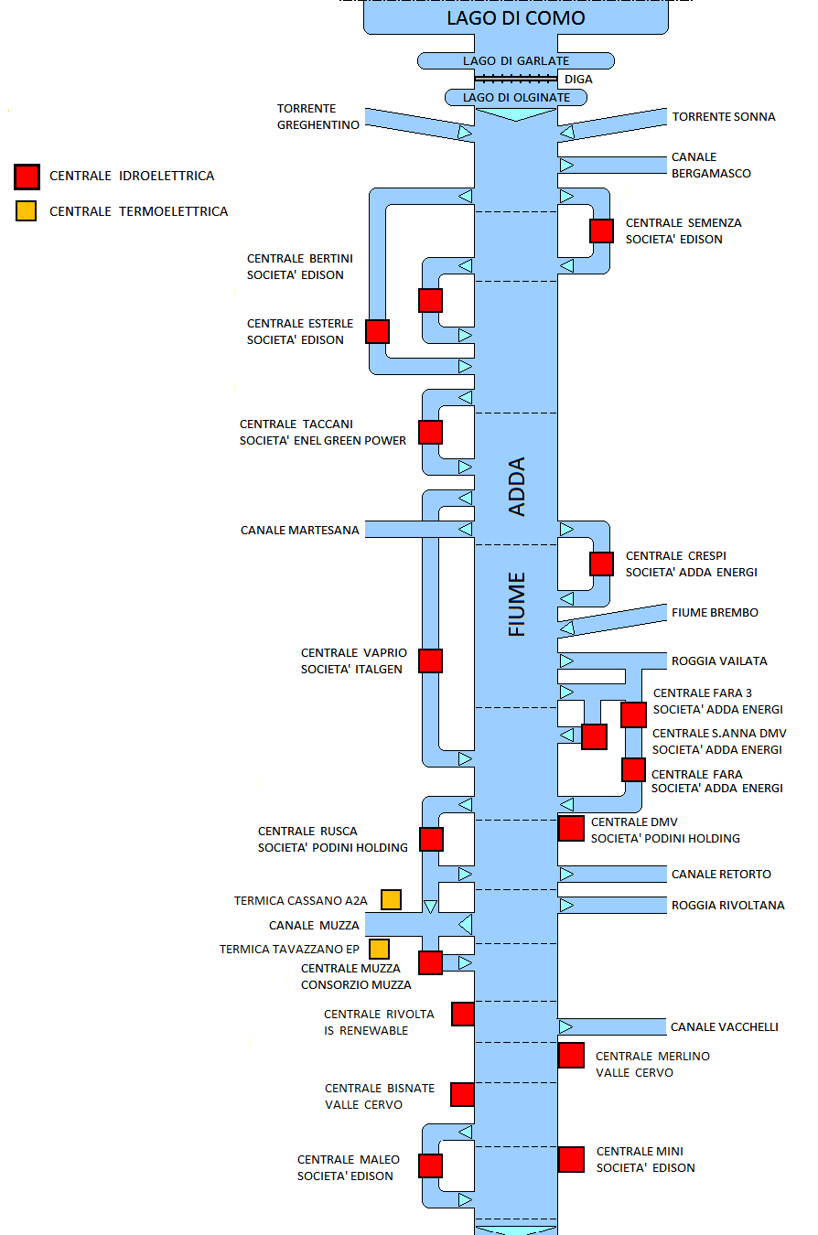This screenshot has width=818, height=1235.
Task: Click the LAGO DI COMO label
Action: tap(515, 18)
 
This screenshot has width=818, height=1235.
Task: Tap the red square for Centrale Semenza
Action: tap(601, 231)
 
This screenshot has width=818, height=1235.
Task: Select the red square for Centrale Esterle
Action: tap(377, 331)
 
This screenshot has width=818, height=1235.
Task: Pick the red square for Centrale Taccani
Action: tap(430, 432)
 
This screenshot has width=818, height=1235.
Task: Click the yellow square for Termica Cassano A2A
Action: tap(391, 899)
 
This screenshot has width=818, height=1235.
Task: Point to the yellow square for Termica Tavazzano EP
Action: tap(379, 949)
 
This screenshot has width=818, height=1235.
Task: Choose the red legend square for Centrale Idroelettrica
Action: tap(27, 176)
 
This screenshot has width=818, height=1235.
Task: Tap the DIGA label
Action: tap(579, 80)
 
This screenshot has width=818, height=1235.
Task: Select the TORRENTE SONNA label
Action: tap(724, 117)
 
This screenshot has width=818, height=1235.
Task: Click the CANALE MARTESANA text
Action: tap(300, 530)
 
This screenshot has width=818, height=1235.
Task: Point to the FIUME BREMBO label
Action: tap(715, 612)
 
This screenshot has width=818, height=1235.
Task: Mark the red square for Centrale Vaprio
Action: tap(430, 660)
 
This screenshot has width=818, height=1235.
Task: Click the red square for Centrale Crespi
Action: tap(601, 564)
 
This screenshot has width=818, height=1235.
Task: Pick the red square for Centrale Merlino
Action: tap(571, 1055)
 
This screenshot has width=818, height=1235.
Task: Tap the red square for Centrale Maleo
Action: tap(430, 1165)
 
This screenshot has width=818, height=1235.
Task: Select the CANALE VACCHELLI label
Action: tap(725, 1027)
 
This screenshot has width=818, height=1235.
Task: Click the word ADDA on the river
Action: tap(517, 487)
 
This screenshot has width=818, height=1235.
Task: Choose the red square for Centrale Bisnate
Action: tap(462, 1094)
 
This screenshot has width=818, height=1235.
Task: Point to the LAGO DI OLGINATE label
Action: tap(516, 97)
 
